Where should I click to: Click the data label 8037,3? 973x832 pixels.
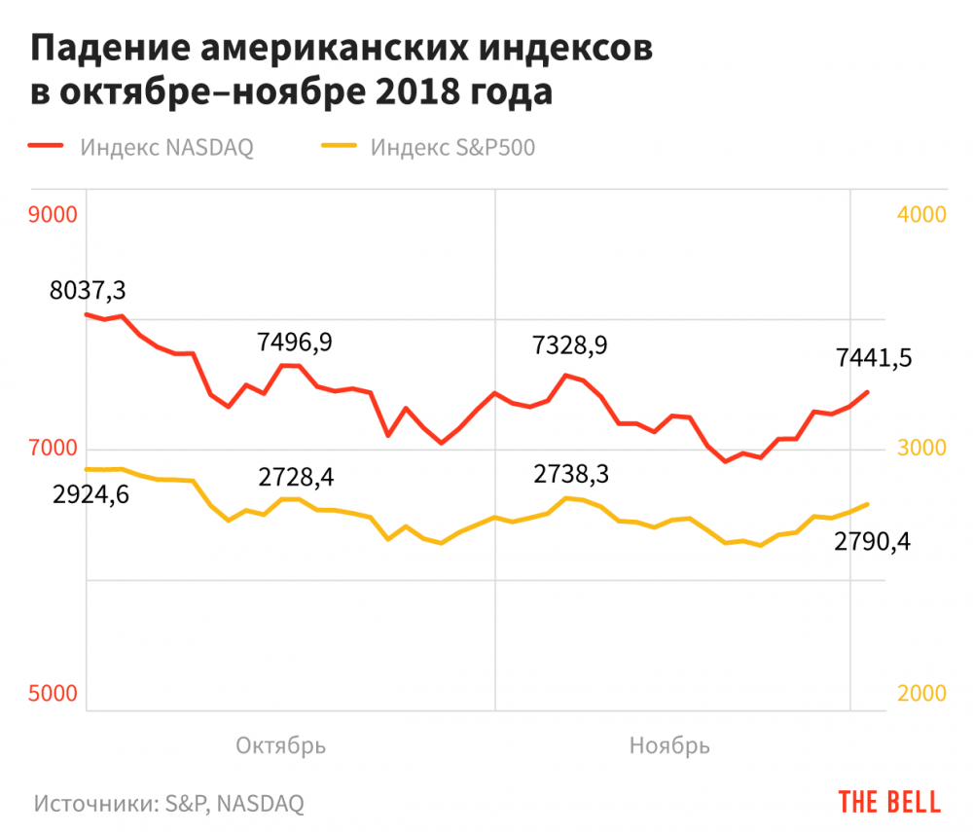click(x=90, y=290)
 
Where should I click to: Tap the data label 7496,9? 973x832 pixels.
click(x=295, y=342)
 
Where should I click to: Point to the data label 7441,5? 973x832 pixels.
click(x=874, y=358)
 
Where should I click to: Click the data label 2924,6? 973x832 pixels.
click(x=92, y=494)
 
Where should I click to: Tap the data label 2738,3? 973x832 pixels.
click(x=571, y=474)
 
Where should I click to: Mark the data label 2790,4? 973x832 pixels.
click(x=872, y=541)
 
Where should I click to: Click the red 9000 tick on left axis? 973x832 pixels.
click(x=53, y=215)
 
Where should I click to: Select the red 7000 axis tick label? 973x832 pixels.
click(x=53, y=449)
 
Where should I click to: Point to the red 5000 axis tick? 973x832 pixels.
click(x=53, y=694)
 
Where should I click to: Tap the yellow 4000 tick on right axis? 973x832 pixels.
click(x=920, y=215)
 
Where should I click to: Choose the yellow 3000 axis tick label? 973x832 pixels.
click(x=920, y=449)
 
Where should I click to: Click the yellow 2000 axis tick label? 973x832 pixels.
click(x=920, y=694)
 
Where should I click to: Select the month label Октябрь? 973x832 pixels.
click(x=281, y=745)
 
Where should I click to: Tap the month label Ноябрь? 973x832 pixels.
click(x=669, y=745)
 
